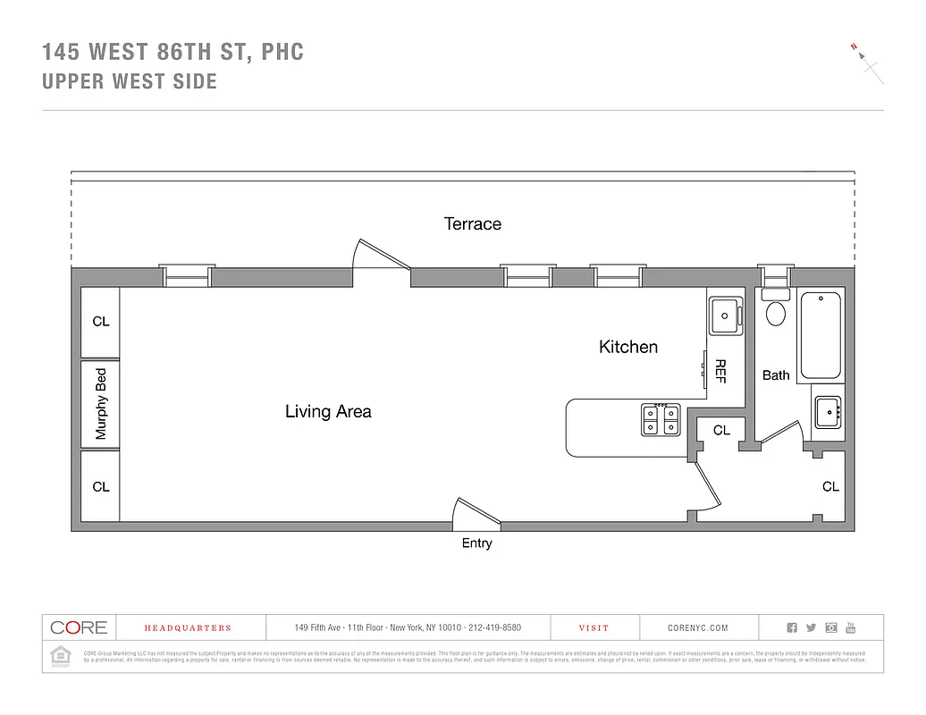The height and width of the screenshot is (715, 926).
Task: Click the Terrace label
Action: tap(473, 223)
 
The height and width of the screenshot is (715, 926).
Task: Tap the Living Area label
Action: tap(328, 411)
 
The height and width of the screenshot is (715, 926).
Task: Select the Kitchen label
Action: tap(627, 347)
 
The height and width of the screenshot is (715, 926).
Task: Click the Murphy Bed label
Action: tap(101, 404)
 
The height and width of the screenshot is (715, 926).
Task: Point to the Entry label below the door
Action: tap(476, 543)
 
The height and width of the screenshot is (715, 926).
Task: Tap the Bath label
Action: tap(776, 375)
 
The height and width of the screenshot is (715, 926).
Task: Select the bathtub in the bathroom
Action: tap(820, 336)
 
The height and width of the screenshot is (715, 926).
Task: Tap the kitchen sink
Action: tap(725, 315)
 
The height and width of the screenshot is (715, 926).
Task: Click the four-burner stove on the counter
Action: tap(661, 419)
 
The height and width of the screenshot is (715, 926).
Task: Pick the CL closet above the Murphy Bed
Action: tap(101, 322)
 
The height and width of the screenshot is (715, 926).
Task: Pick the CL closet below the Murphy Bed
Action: tap(101, 487)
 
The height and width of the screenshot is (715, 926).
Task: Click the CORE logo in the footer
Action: tap(79, 627)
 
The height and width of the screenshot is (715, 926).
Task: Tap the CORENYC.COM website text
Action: tap(698, 628)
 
